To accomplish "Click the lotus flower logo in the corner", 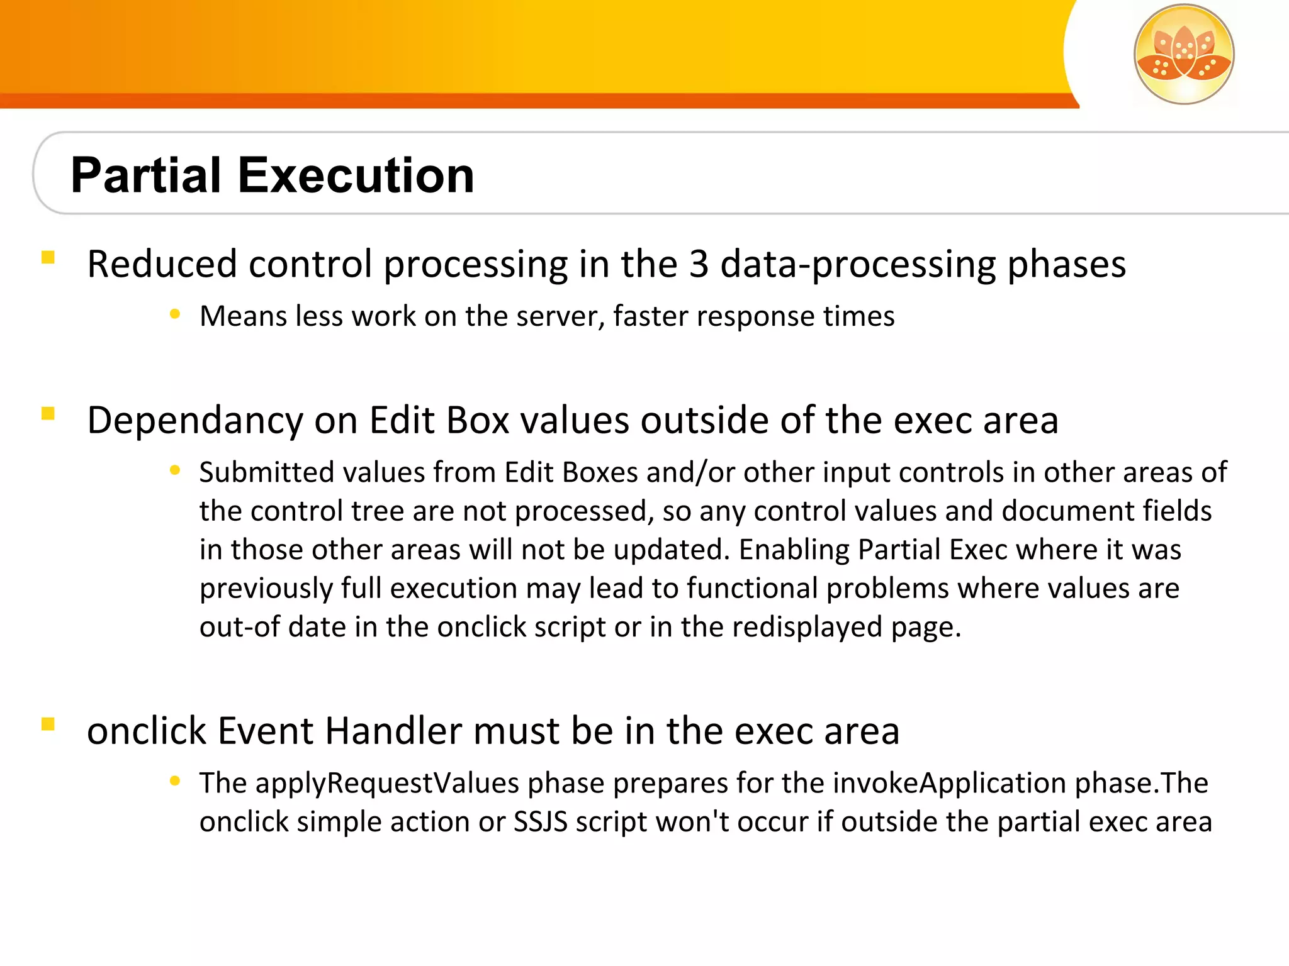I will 1184,54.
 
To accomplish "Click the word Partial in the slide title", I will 146,175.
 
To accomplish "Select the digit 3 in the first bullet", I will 699,264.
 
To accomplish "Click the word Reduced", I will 162,264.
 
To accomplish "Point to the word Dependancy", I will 195,420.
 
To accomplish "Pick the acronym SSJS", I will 540,822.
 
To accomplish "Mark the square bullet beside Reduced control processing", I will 48,257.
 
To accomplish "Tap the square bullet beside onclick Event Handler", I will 48,724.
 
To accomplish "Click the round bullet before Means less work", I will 175,314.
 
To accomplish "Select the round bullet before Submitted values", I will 175,470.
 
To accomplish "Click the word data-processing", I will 858,264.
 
